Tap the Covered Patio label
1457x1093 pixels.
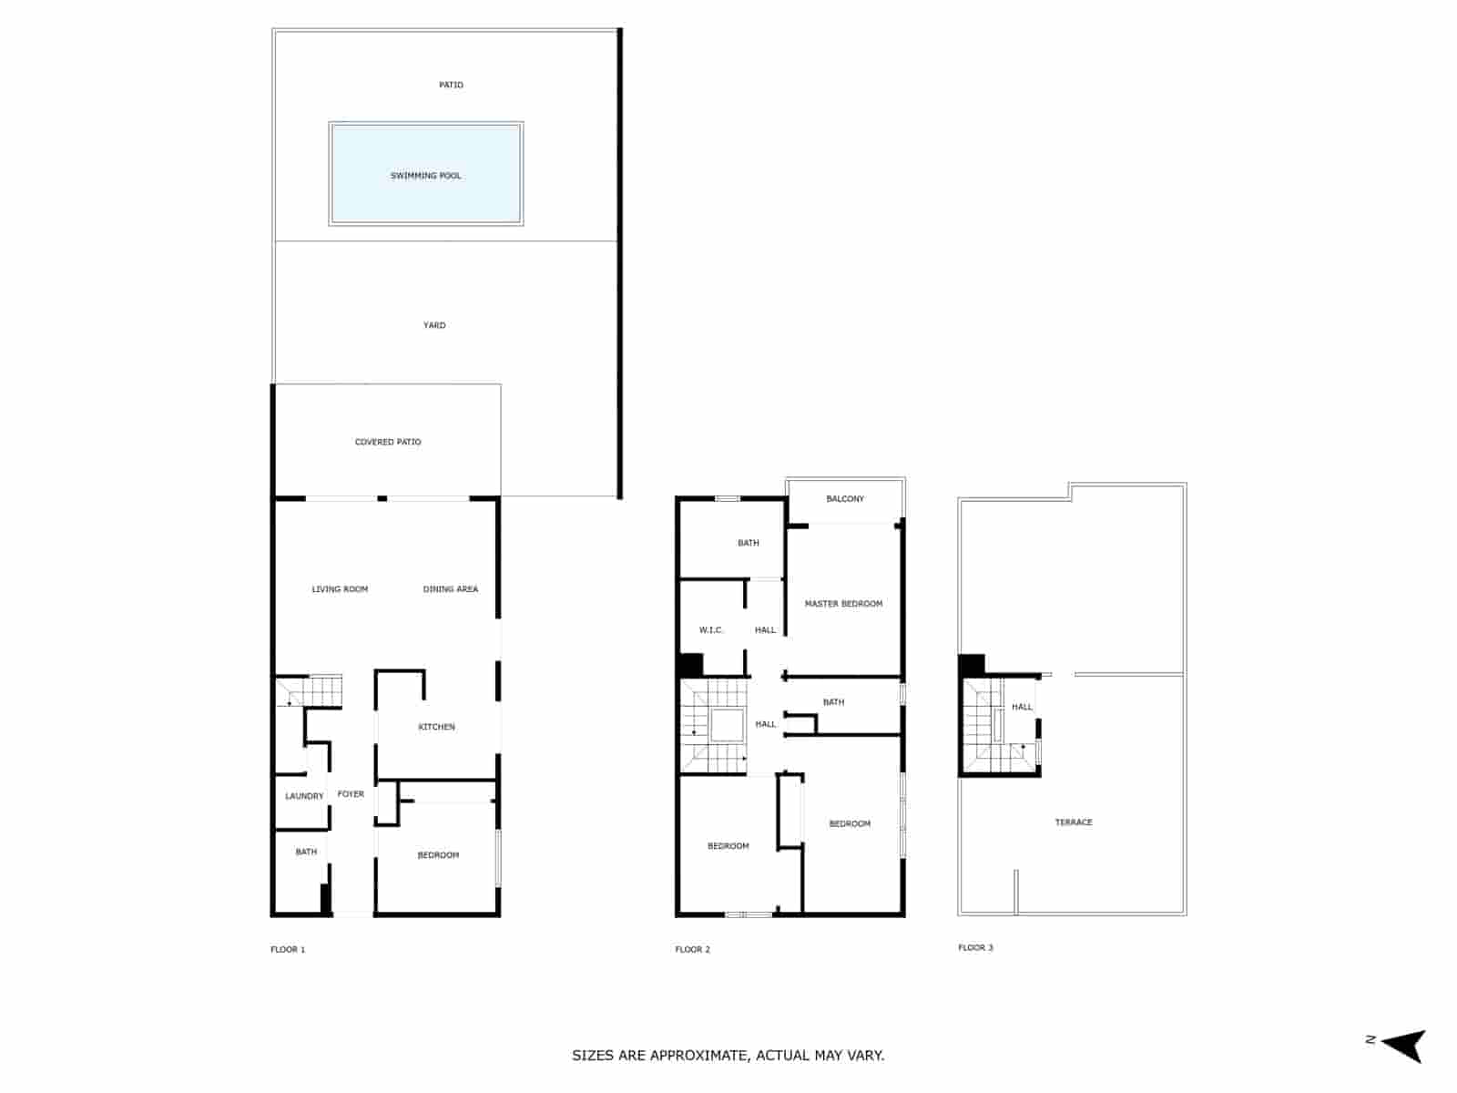pos(388,442)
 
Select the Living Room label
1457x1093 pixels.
pos(340,589)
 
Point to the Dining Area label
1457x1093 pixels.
pos(450,589)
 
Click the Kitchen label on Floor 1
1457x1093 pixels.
pos(436,727)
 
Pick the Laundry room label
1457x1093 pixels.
pos(304,796)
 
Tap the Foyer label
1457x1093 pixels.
pos(351,794)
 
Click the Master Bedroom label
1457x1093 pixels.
pos(843,604)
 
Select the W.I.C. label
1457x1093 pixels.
pos(710,630)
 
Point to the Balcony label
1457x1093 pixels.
pos(845,499)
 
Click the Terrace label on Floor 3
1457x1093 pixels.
pos(1074,822)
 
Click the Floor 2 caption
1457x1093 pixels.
pos(692,949)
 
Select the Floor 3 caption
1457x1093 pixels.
pos(975,947)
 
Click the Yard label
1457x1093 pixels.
pos(434,325)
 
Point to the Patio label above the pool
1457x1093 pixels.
pos(451,85)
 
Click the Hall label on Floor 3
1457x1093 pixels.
pos(1022,707)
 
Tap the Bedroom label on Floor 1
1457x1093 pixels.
pos(438,855)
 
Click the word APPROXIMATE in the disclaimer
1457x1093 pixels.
pos(700,1056)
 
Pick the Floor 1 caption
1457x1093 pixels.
pos(288,949)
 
